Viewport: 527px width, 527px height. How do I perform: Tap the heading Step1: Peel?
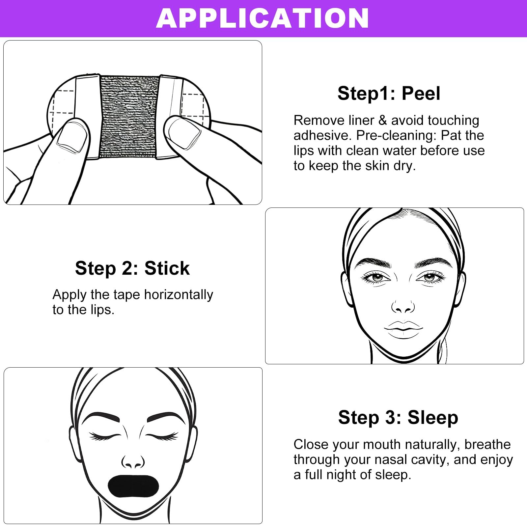tap(389, 93)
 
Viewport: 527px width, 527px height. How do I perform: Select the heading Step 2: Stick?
tap(132, 268)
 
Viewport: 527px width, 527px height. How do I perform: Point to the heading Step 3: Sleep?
tap(398, 417)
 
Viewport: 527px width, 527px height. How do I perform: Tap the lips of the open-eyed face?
tap(403, 329)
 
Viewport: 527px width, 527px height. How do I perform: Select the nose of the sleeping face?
tap(133, 462)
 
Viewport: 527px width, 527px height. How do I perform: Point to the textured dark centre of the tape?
tap(129, 116)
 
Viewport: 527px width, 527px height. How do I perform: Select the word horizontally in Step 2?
tap(179, 295)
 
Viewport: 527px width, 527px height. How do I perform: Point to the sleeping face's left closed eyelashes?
tap(104, 437)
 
